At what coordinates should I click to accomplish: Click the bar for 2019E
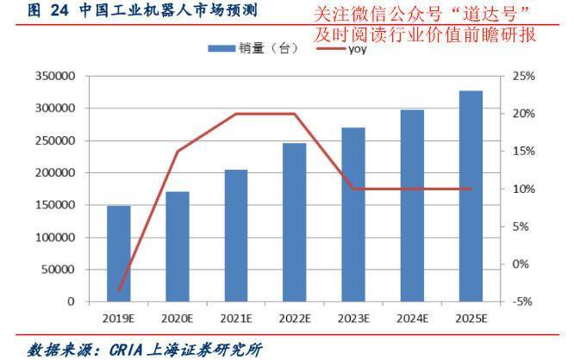[x=119, y=254]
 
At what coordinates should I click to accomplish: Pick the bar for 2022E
[x=295, y=223]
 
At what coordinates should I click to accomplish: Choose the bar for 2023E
[x=353, y=215]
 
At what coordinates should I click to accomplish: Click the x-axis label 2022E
[x=295, y=319]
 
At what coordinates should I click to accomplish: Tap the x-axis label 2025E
[x=471, y=319]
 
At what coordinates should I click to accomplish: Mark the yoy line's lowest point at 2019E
[x=119, y=290]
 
